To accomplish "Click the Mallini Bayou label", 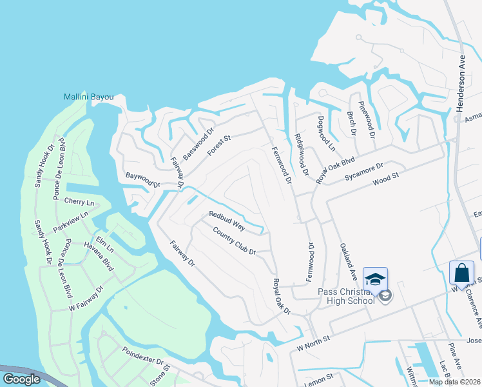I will click(88, 97).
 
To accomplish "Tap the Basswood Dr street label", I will click(198, 144).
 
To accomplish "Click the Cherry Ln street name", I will click(79, 202).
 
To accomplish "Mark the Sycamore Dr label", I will click(364, 171).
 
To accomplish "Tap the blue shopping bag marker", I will click(462, 273).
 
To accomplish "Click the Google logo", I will click(21, 379).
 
